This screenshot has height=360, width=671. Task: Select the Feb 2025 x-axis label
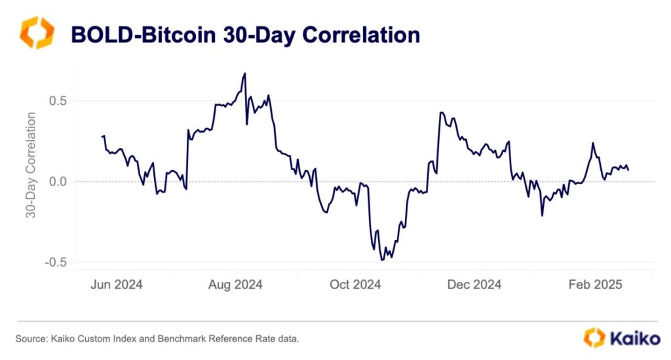pyautogui.click(x=596, y=285)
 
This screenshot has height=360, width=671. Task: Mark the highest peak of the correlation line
pyautogui.click(x=244, y=73)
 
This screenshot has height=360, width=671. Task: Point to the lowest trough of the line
pyautogui.click(x=382, y=260)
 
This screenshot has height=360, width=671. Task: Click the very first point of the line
pyautogui.click(x=102, y=136)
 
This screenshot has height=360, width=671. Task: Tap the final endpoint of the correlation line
pyautogui.click(x=628, y=170)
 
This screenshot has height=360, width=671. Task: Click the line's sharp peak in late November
pyautogui.click(x=441, y=112)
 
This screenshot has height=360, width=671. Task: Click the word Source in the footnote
pyautogui.click(x=30, y=338)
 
